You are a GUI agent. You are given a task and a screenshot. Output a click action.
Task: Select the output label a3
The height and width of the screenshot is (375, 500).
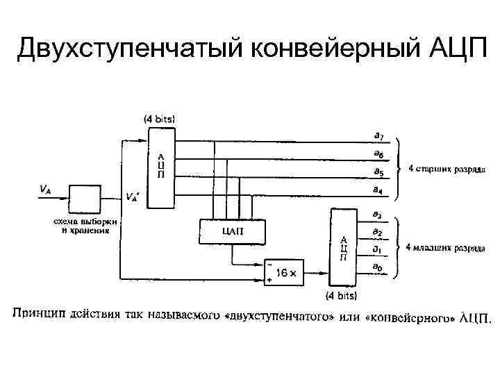378,214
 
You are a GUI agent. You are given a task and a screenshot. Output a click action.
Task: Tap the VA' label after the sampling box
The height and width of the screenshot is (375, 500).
131,197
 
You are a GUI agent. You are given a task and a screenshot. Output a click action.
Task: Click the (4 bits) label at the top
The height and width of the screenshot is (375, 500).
159,119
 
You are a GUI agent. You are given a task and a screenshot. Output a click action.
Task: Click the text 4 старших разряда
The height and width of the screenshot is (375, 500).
447,169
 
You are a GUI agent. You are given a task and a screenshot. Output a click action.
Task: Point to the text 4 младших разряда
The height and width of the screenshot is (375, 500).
445,247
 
